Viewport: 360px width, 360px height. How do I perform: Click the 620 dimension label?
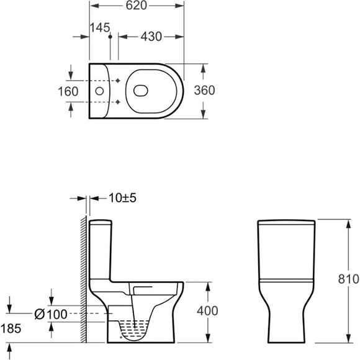(136, 6)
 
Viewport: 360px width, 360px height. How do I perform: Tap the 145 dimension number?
(100, 27)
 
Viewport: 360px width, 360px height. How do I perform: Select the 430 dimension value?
(151, 37)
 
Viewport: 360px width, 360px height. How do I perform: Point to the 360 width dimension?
(204, 90)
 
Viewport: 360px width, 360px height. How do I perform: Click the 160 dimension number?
(68, 91)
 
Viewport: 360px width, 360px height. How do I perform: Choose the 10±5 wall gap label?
(123, 198)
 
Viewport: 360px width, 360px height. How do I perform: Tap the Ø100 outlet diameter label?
(51, 314)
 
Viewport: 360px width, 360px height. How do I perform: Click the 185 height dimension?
(11, 328)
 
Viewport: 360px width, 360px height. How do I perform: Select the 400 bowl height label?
(207, 311)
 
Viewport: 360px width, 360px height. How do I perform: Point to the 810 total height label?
(348, 279)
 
